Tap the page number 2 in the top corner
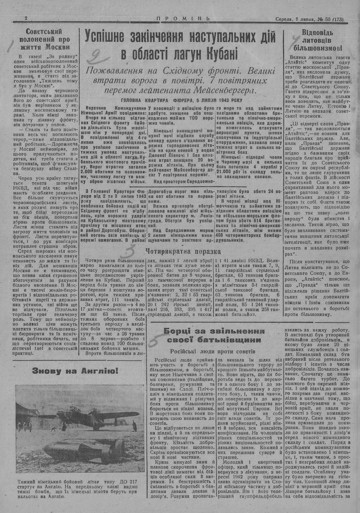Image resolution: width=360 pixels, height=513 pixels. (26, 18)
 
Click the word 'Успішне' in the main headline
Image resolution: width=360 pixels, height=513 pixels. (108, 37)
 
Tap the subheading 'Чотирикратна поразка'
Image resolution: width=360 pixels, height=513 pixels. (183, 251)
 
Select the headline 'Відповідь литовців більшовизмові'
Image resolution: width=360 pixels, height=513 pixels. (317, 39)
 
